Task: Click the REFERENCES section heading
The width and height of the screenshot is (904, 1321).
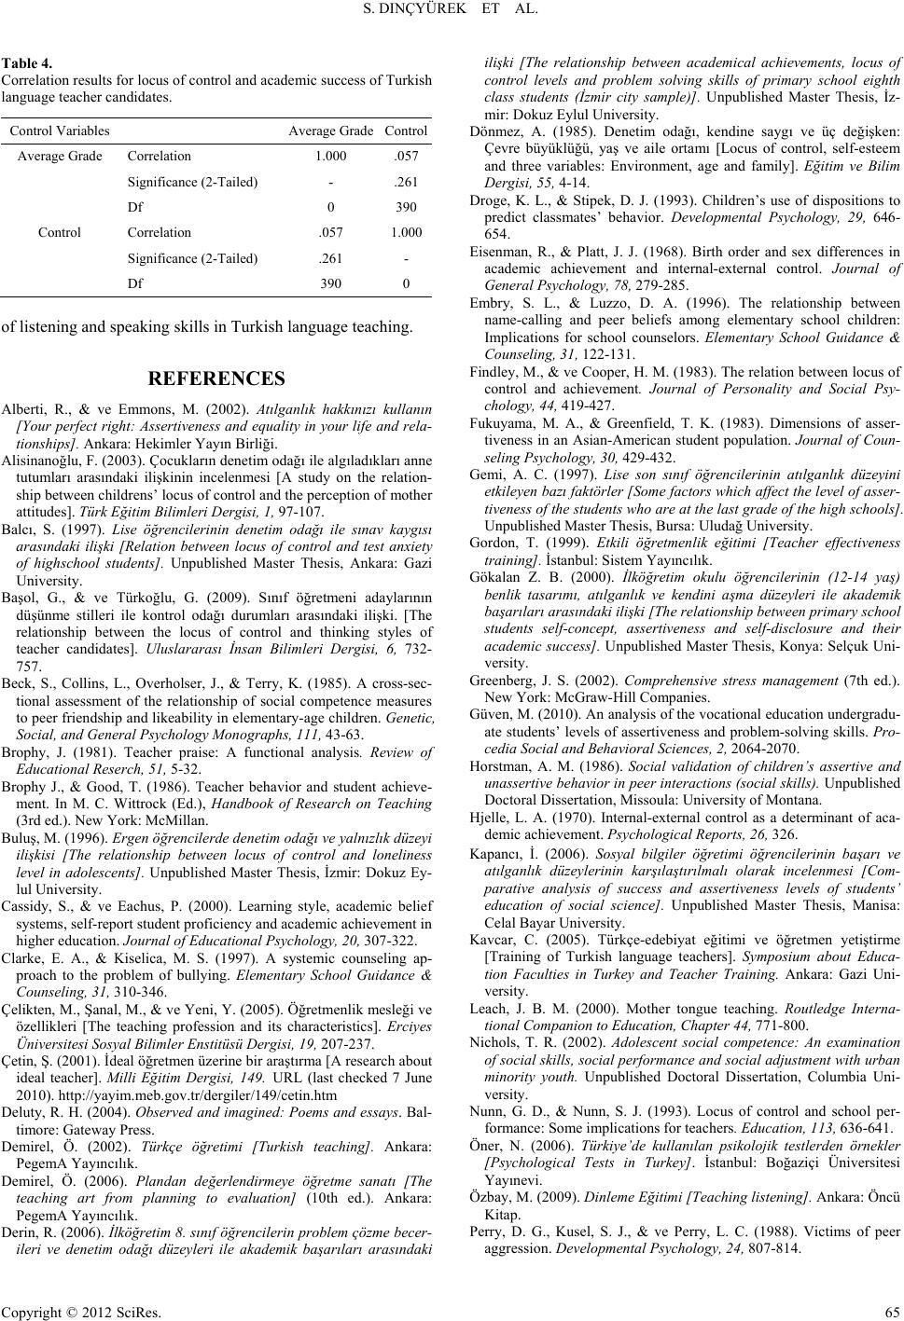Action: (x=216, y=378)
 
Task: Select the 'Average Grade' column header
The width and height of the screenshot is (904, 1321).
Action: (x=330, y=131)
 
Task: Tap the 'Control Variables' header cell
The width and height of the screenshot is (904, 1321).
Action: (x=60, y=131)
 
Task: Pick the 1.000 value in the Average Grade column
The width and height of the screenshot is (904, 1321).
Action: (x=331, y=157)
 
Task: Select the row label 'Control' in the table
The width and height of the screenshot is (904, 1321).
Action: (x=60, y=232)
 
